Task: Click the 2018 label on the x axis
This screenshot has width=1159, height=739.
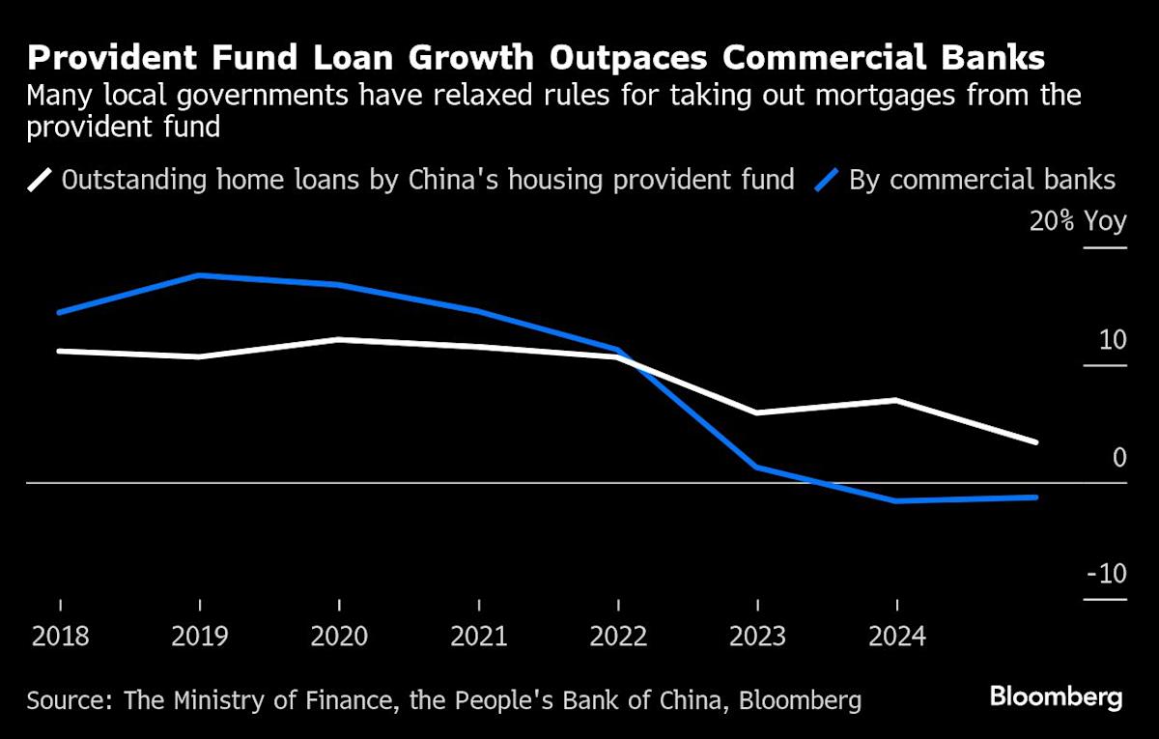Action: [60, 637]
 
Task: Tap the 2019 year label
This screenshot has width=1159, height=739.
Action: [200, 637]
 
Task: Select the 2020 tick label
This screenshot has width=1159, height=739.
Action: [340, 637]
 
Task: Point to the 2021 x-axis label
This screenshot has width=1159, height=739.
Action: [480, 637]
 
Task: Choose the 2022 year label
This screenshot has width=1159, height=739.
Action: [619, 637]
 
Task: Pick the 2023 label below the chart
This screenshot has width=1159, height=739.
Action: [758, 637]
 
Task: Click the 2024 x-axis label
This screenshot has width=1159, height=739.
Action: [898, 637]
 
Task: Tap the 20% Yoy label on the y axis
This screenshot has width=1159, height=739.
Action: [1078, 221]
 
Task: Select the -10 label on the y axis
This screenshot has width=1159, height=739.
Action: [1106, 574]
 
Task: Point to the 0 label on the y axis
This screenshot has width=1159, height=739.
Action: [1119, 457]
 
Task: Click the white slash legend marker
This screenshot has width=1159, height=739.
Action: [40, 180]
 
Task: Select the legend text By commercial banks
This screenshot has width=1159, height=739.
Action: [981, 180]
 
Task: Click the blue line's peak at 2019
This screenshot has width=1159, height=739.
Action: [200, 275]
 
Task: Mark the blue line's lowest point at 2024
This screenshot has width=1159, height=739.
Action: [898, 501]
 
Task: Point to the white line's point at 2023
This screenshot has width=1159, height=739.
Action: [758, 412]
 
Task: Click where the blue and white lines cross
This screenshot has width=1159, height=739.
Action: [626, 360]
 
